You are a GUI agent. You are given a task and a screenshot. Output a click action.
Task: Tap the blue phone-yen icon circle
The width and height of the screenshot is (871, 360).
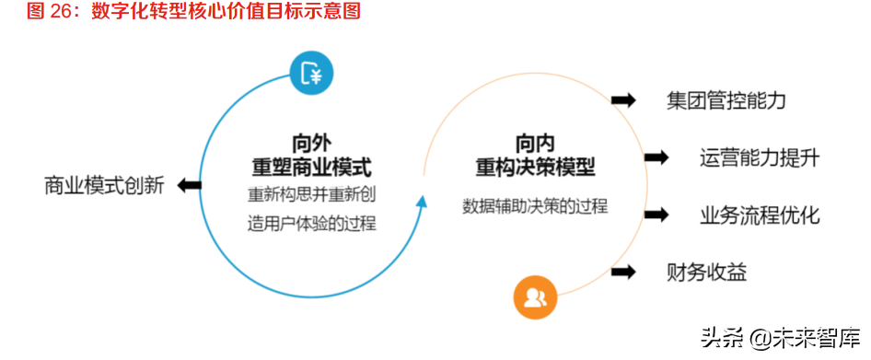click(310, 75)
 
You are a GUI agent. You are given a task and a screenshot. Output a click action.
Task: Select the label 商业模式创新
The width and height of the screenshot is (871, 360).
click(104, 186)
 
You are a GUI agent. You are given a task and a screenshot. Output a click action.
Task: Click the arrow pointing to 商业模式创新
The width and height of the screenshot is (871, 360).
click(190, 186)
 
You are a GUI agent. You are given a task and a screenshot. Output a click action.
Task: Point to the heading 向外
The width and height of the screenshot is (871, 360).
click(310, 144)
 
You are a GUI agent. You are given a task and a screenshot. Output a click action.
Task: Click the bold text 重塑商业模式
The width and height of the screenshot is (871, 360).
click(311, 168)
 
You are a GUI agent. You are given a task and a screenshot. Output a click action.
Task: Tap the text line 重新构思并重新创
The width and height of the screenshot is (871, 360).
click(311, 196)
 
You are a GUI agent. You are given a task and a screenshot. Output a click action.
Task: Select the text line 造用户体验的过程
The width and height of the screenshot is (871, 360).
click(311, 222)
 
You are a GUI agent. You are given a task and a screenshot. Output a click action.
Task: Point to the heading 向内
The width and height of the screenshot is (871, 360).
click(535, 144)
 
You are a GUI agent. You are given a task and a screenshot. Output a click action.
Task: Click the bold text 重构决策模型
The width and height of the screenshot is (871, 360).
click(535, 168)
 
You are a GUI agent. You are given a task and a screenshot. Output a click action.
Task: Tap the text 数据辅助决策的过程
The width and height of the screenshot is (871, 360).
click(535, 205)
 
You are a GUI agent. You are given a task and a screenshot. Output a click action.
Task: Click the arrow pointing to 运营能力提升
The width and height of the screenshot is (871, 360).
click(656, 157)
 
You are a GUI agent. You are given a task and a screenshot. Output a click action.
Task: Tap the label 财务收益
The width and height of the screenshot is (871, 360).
click(706, 272)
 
